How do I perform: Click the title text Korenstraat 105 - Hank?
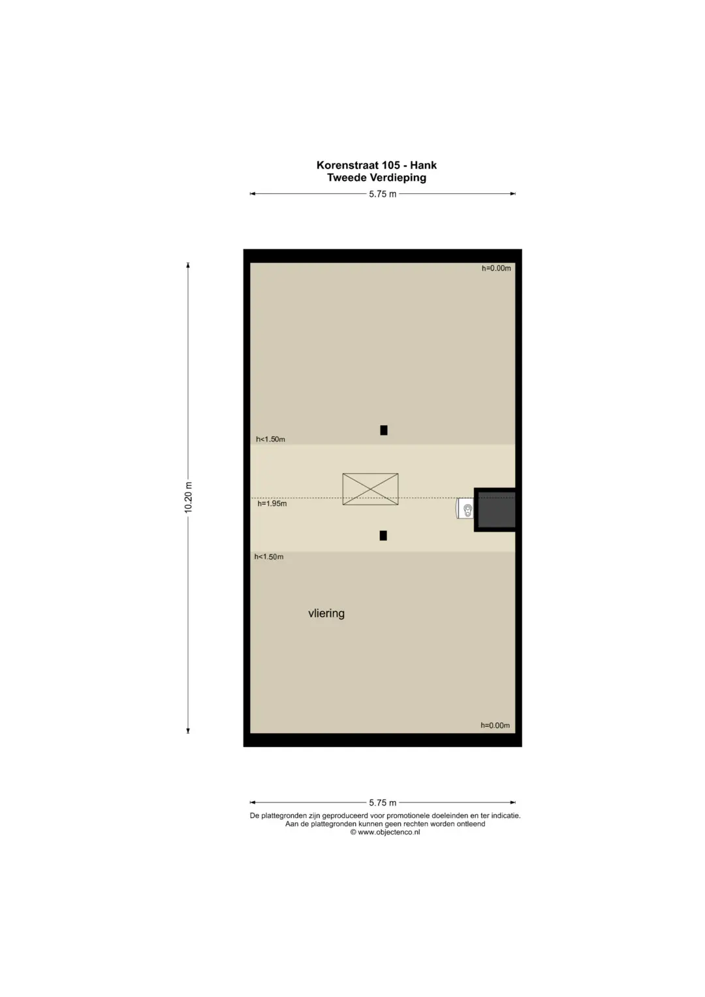coord(376,165)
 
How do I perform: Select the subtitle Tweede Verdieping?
coord(377,178)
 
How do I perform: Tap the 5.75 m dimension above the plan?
coord(383,194)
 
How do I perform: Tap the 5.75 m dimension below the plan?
coord(383,802)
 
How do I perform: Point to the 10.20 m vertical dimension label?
coord(188,497)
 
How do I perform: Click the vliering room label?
coord(326,613)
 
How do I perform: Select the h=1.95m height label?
coord(272,503)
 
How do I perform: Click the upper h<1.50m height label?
coord(270,439)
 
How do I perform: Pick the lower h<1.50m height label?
coord(269,557)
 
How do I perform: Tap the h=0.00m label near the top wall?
coord(496,268)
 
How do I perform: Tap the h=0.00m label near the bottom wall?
coord(495,725)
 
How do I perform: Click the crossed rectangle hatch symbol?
coord(370,489)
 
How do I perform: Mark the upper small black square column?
coord(384,430)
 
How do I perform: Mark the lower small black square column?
coord(383,535)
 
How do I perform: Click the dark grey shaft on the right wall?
coord(496,510)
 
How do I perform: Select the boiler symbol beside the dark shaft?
coord(465,508)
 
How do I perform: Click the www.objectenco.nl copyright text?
coord(385,832)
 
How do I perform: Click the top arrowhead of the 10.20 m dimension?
coord(188,265)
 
